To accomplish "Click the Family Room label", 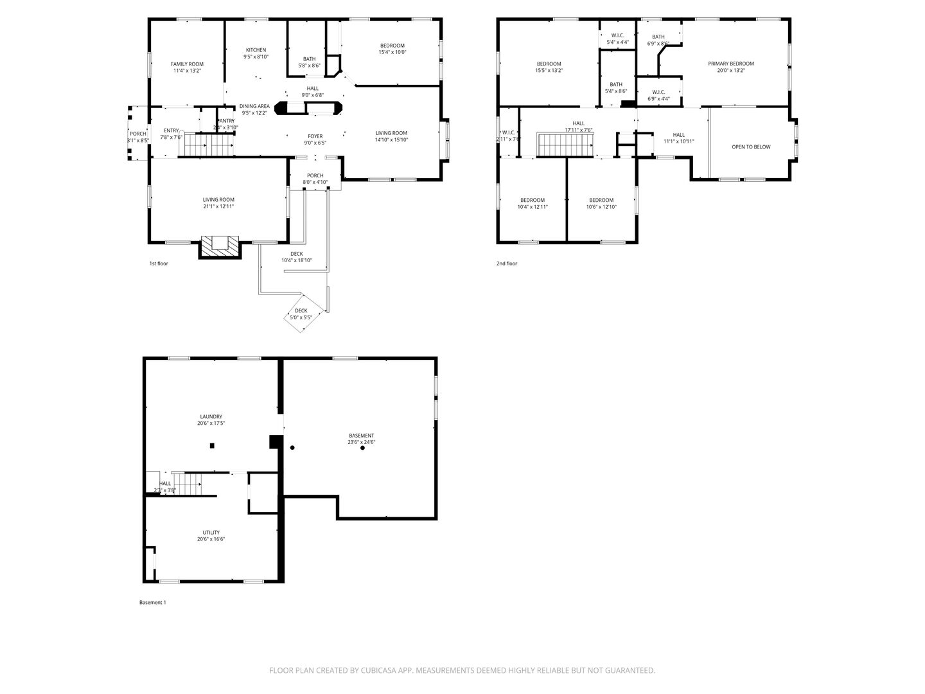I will pyautogui.click(x=187, y=64).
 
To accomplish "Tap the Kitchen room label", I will pyautogui.click(x=256, y=50).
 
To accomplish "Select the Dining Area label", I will pyautogui.click(x=254, y=106).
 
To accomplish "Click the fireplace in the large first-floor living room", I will pyautogui.click(x=220, y=245).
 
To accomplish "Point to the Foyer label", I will pyautogui.click(x=315, y=136).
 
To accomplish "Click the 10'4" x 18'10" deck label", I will pyautogui.click(x=296, y=254).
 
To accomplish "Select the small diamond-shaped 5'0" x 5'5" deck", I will pyautogui.click(x=301, y=314).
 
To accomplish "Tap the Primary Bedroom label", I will pyautogui.click(x=731, y=64).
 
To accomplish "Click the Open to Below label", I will pyautogui.click(x=751, y=147).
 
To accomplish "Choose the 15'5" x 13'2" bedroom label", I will pyautogui.click(x=549, y=64).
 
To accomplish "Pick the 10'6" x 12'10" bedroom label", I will pyautogui.click(x=601, y=200).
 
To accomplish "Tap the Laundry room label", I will pyautogui.click(x=211, y=416).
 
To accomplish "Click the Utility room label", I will pyautogui.click(x=211, y=532).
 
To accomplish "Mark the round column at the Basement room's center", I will pyautogui.click(x=362, y=448).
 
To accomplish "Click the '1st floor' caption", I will pyautogui.click(x=159, y=263).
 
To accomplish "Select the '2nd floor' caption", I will pyautogui.click(x=506, y=263).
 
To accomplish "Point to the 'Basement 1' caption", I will pyautogui.click(x=152, y=602).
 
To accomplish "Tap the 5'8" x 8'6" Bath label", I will pyautogui.click(x=309, y=59).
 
